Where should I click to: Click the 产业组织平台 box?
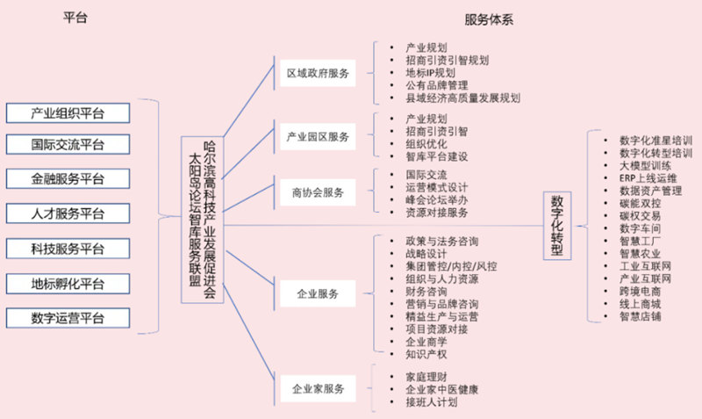[x=68, y=112]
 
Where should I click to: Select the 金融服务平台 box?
[x=68, y=178]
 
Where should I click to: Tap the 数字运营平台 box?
[x=68, y=318]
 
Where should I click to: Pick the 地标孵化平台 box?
[x=68, y=283]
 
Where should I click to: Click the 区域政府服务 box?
[x=317, y=75]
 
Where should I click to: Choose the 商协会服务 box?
[x=317, y=191]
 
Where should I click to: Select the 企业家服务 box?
[x=317, y=387]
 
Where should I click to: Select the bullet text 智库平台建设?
[x=437, y=156]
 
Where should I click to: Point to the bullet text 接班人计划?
[x=431, y=403]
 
